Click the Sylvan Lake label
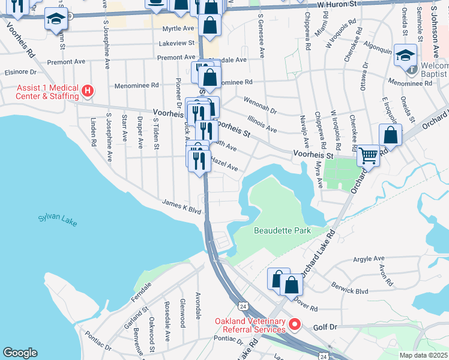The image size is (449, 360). point(58,220)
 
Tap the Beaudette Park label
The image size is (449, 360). point(281,230)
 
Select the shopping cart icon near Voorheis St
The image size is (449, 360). point(368,155)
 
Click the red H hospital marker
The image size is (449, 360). point(88,91)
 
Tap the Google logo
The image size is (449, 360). point(20,353)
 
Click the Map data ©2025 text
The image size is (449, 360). point(423,355)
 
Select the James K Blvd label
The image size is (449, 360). point(181,207)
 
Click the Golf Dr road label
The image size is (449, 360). point(327,328)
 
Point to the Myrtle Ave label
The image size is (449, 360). point(178,28)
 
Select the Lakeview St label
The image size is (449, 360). point(176,43)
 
